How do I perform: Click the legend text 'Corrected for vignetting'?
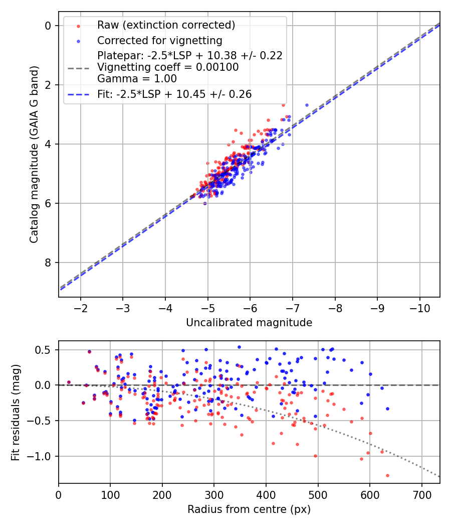tap(159, 40)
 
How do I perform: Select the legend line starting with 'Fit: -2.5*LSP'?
tap(174, 94)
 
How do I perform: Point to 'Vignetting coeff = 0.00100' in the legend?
tap(168, 67)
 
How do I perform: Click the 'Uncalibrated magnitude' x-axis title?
tap(249, 323)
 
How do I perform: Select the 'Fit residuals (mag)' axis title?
tap(16, 412)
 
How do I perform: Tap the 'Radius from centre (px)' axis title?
tap(249, 509)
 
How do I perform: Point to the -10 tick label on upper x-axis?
tap(418, 307)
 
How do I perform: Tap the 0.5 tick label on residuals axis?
tap(45, 349)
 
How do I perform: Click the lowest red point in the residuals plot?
tap(387, 475)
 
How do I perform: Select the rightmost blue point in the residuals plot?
tap(387, 409)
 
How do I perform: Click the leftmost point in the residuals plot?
tap(69, 382)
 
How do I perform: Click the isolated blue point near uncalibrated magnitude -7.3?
tap(307, 105)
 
